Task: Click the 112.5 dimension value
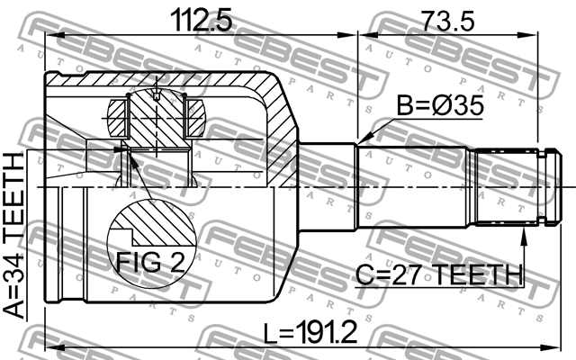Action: (202, 21)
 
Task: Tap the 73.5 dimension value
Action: (447, 21)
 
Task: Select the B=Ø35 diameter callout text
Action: (440, 106)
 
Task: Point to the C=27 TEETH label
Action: (438, 274)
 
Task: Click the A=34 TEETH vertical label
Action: (14, 235)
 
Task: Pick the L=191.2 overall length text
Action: (310, 332)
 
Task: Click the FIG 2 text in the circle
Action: (150, 262)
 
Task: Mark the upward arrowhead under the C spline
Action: (524, 236)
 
